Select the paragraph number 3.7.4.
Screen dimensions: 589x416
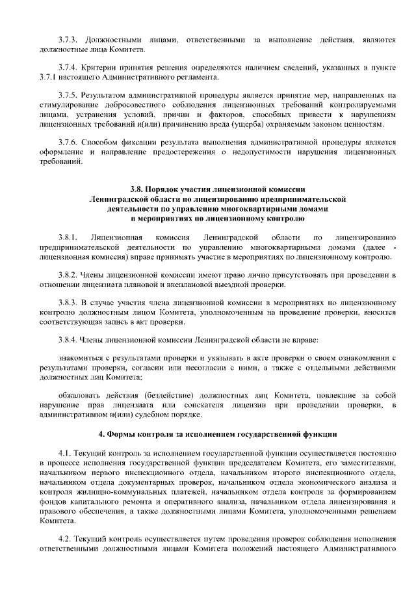68,68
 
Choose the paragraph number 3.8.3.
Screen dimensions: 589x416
68,303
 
